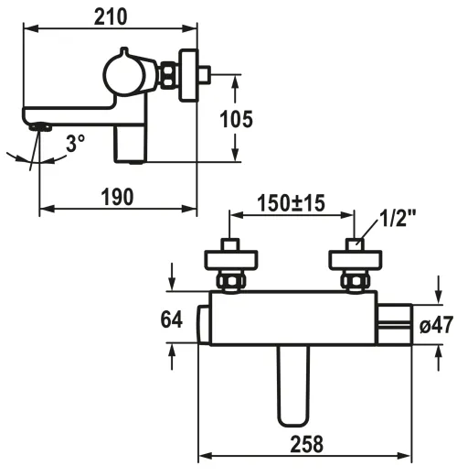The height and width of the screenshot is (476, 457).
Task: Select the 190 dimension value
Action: [x=117, y=196]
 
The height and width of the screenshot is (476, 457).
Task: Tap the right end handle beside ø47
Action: [x=396, y=321]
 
